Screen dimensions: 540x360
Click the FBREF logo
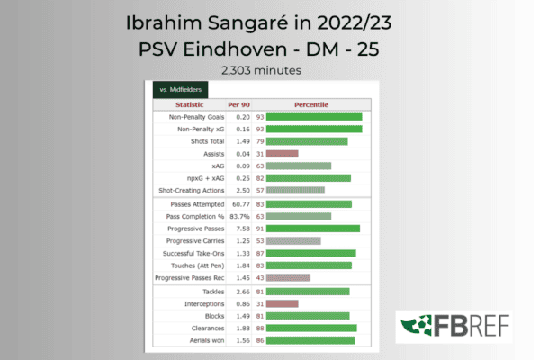(x=454, y=326)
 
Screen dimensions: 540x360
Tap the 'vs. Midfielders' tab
(x=181, y=90)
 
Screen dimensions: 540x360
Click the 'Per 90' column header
(x=238, y=104)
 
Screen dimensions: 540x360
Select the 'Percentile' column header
(x=311, y=104)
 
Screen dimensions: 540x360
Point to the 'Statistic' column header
(x=189, y=104)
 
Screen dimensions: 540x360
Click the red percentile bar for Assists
(x=282, y=154)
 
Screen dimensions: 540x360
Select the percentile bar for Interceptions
(x=282, y=303)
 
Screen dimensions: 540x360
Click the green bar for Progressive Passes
(x=313, y=229)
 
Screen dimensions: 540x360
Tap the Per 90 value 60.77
(x=241, y=204)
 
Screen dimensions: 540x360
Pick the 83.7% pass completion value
(x=239, y=216)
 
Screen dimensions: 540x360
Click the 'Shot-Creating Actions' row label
(x=192, y=191)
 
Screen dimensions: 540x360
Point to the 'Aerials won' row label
(x=207, y=340)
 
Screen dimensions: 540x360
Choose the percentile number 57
(x=260, y=191)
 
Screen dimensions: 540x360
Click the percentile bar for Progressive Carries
(x=293, y=240)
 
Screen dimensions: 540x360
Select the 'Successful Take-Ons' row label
(x=193, y=254)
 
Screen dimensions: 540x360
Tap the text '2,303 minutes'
(x=261, y=70)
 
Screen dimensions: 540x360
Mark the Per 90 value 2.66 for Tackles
(x=243, y=292)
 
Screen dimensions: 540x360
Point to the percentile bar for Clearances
(x=311, y=328)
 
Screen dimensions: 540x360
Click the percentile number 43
(x=260, y=278)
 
